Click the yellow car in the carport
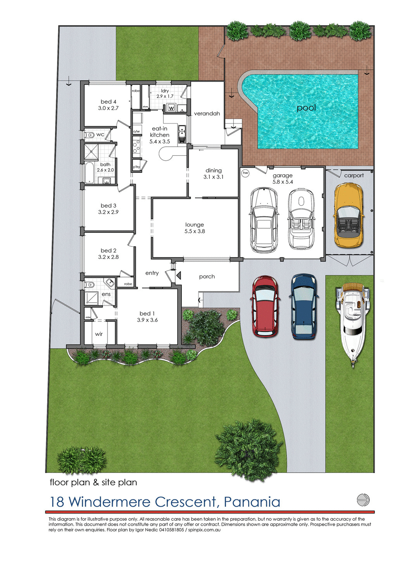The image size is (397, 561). click(349, 215)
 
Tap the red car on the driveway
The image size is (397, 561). click(266, 306)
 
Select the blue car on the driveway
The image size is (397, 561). click(304, 306)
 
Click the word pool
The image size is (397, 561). click(306, 108)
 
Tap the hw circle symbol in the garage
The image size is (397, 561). click(245, 173)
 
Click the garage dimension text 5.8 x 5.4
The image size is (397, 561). click(283, 182)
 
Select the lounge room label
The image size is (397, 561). click(195, 225)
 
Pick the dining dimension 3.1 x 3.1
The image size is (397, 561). click(214, 177)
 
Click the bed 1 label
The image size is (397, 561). click(147, 313)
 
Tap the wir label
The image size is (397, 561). click(99, 334)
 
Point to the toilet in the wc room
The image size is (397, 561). click(90, 135)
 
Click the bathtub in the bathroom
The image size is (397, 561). click(89, 172)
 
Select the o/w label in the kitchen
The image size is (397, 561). click(136, 131)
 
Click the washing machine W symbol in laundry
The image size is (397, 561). click(171, 108)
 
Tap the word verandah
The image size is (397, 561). click(207, 114)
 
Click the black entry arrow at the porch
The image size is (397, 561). click(178, 276)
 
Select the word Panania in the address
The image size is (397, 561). click(252, 502)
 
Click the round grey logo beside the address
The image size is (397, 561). click(363, 500)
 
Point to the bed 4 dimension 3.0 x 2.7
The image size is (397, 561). click(108, 108)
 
